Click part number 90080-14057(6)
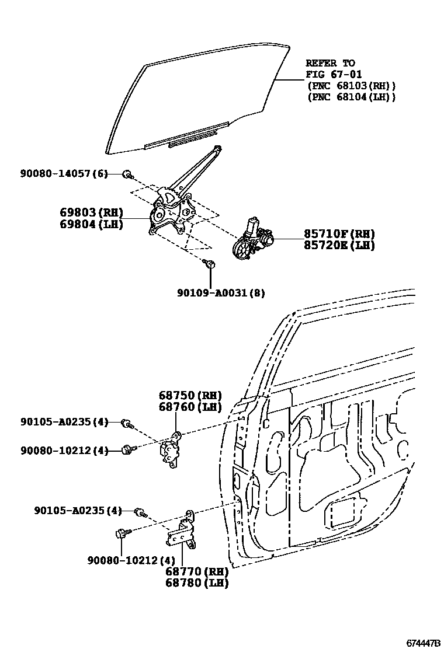coord(64,173)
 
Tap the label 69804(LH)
coord(90,224)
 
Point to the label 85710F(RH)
coord(339,233)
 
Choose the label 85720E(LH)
coord(339,245)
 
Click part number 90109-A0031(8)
coord(221,293)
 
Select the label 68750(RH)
coord(190,395)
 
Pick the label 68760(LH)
coord(190,407)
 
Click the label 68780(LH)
coord(196,582)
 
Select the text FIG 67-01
coord(334,74)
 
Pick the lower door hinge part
coord(184,531)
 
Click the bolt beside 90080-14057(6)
coord(127,174)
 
